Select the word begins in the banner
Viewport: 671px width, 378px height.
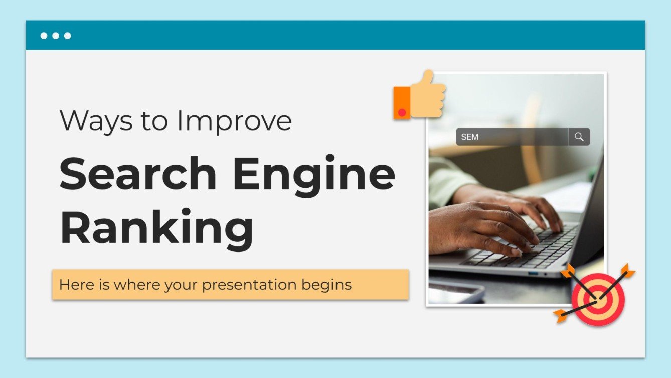point(326,285)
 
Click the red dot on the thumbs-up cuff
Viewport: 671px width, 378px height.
point(402,112)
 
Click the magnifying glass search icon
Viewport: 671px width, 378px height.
point(579,137)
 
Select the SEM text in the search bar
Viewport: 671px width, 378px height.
point(469,137)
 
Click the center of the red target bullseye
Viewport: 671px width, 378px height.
point(597,300)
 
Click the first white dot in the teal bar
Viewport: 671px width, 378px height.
point(44,36)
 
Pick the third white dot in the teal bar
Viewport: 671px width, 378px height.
point(67,36)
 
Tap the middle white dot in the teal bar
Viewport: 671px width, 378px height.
point(56,36)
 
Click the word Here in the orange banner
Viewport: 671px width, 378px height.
point(75,285)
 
